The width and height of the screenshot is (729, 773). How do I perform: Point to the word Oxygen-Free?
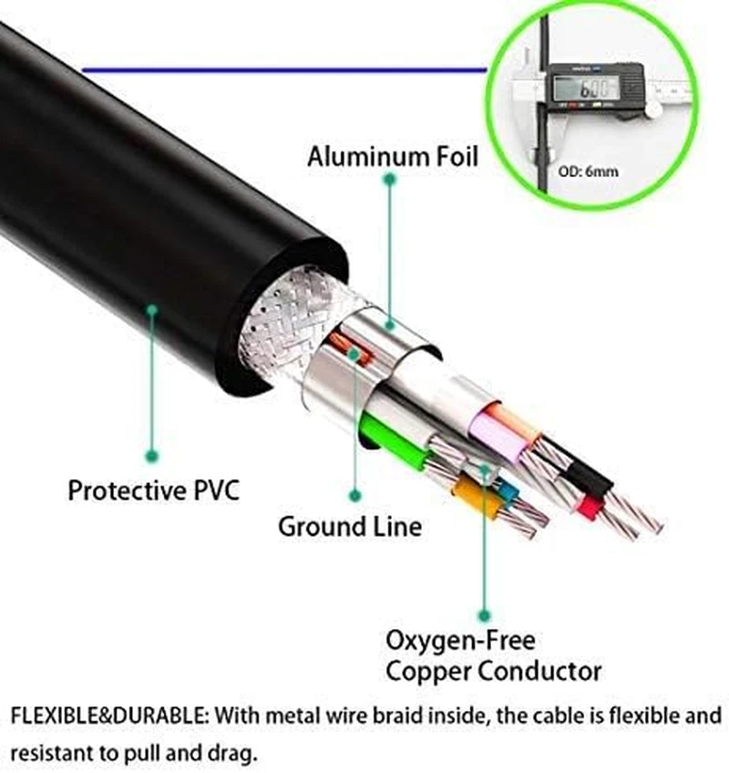coord(460,639)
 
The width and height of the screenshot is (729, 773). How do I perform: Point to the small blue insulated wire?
coord(507,491)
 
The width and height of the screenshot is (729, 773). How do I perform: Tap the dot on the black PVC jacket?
coord(152,310)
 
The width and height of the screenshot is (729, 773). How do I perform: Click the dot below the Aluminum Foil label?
coord(389,180)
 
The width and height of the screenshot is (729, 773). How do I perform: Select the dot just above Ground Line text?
coord(355,496)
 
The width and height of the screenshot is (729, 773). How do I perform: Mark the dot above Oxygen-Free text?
coord(485,616)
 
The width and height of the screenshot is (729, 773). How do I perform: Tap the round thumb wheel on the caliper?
coord(653,108)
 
